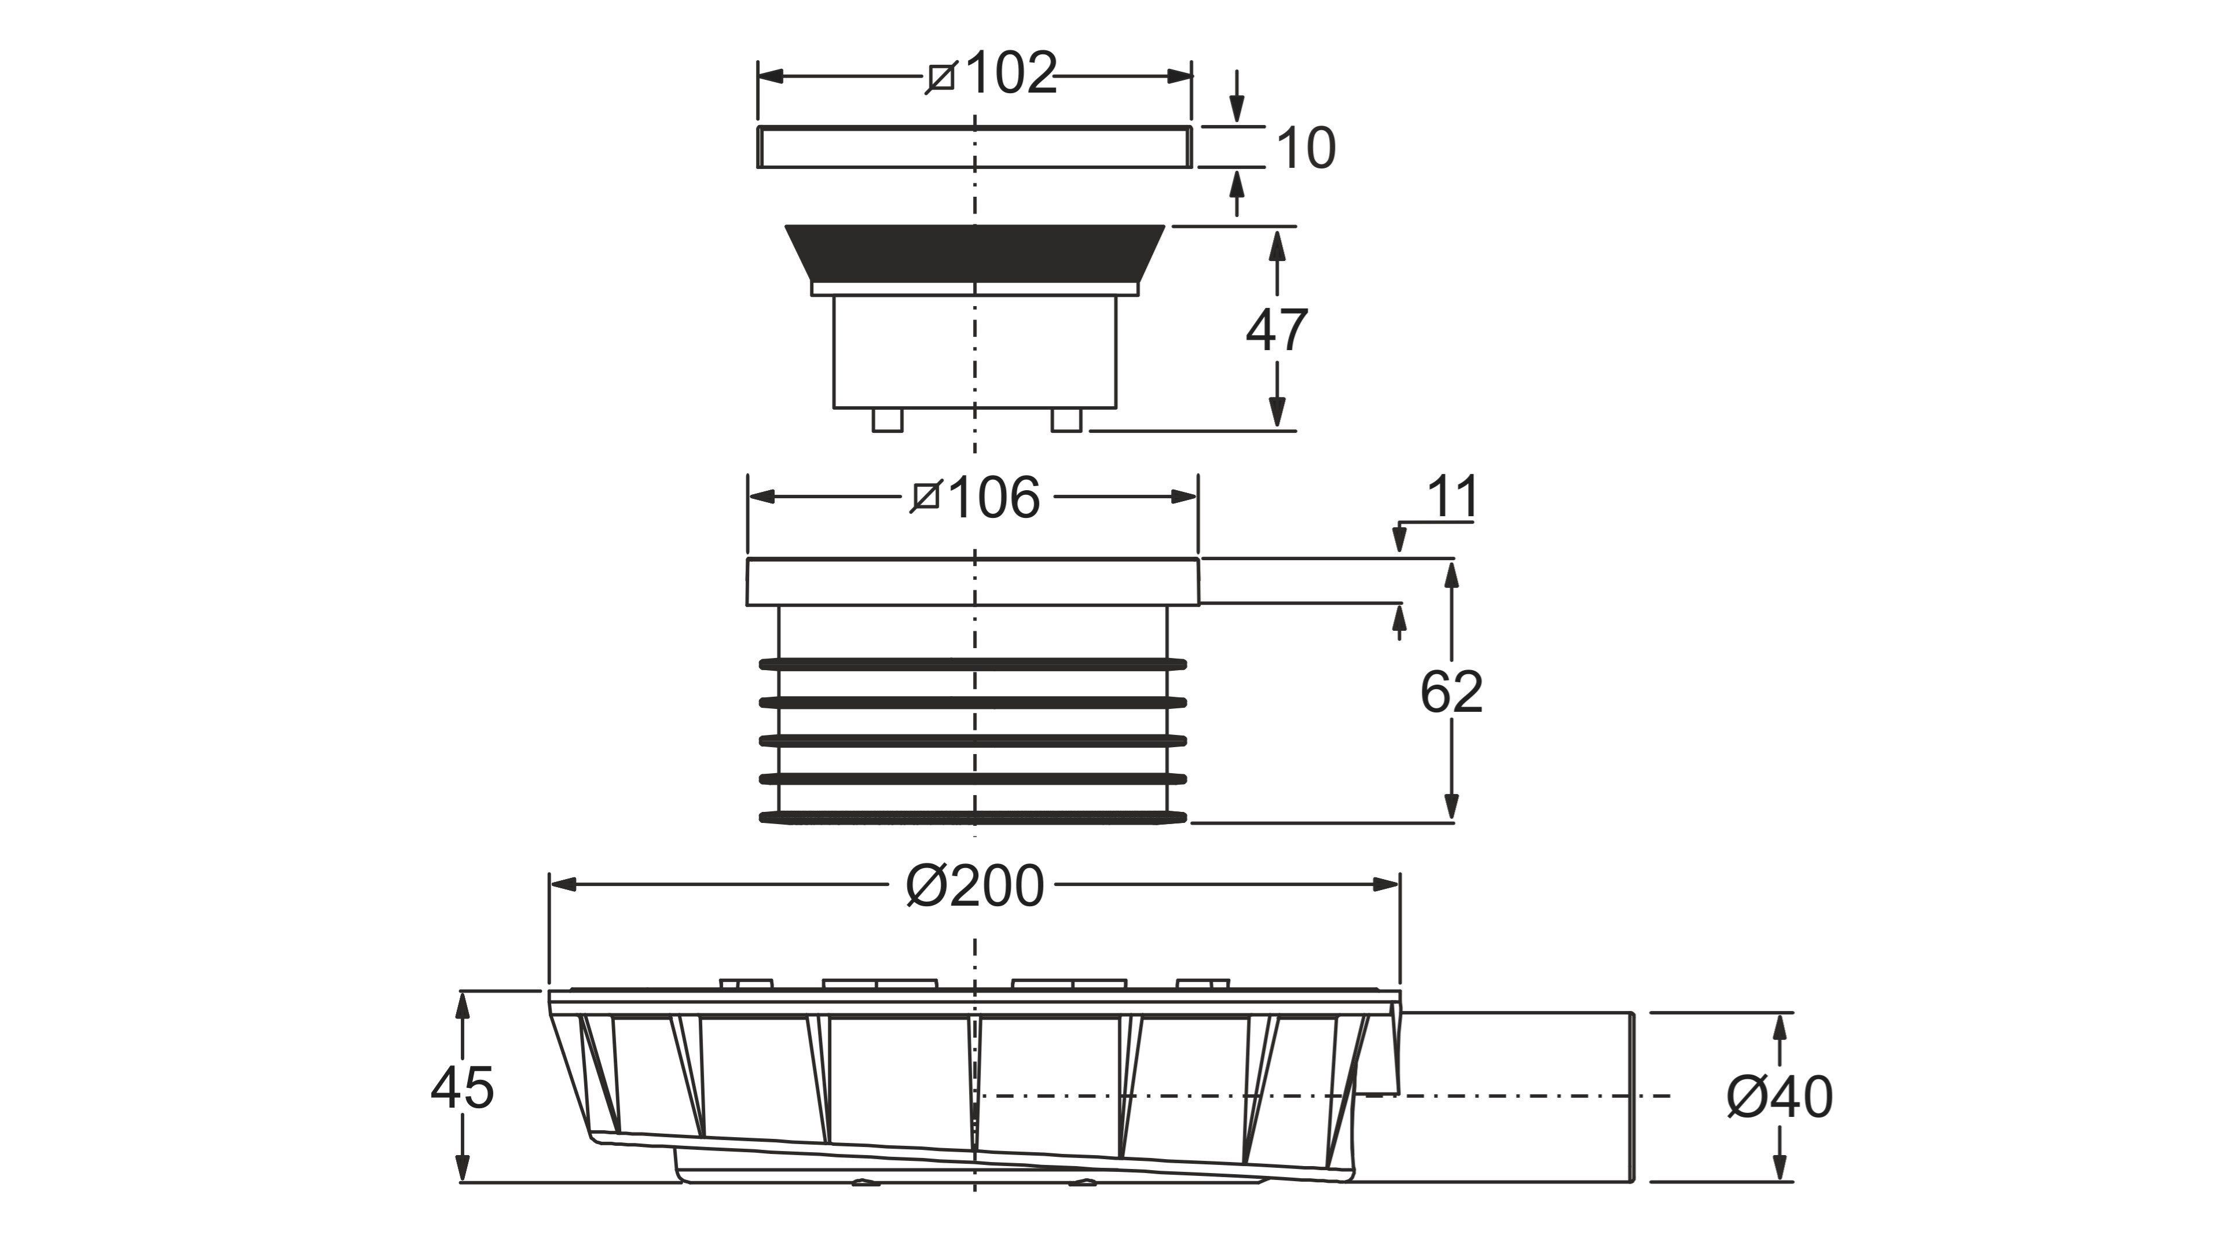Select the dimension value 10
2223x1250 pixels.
click(x=1305, y=148)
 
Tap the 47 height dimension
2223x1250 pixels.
click(x=1276, y=329)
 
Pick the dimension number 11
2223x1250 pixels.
click(x=1453, y=497)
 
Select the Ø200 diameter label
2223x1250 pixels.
click(x=975, y=886)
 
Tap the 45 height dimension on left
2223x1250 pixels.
click(x=463, y=1088)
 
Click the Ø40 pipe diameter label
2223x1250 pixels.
click(x=1780, y=1097)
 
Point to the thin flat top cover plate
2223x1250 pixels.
click(x=974, y=146)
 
